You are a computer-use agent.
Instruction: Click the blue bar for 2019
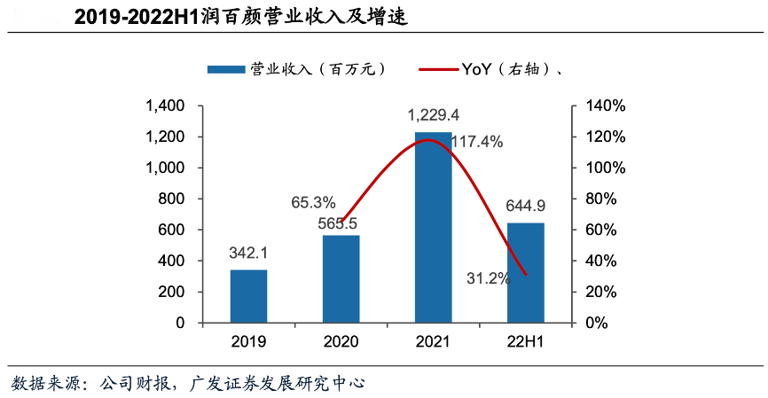(248, 296)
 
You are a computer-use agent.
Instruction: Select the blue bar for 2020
(341, 278)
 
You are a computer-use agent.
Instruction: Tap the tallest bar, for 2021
(433, 227)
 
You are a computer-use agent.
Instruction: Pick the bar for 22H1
(525, 272)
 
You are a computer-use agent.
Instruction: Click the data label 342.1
(248, 254)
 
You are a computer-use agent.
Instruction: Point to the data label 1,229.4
(433, 115)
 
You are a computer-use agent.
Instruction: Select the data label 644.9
(526, 207)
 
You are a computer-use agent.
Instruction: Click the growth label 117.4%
(476, 142)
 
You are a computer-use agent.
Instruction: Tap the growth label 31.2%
(489, 278)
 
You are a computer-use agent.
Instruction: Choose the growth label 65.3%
(313, 202)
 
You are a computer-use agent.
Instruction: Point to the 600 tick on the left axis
(172, 230)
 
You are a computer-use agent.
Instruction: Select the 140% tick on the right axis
(605, 106)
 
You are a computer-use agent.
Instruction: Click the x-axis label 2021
(433, 341)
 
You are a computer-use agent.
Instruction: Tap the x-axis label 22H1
(525, 341)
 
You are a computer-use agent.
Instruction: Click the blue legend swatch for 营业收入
(227, 69)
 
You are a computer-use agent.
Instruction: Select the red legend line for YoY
(432, 69)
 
